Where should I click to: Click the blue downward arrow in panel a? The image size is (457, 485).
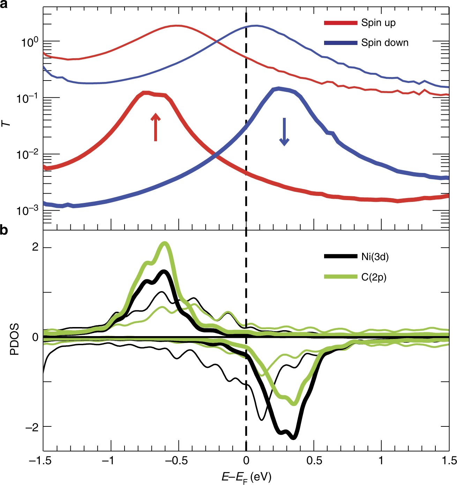tap(284, 132)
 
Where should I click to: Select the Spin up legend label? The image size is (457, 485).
tap(378, 23)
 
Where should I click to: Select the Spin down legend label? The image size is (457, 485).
tap(384, 43)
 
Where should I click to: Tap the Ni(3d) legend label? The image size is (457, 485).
tap(375, 257)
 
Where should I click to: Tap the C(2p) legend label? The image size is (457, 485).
tap(374, 277)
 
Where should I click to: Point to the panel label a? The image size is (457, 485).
tap(4, 4)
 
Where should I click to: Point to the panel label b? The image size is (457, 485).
tap(4, 230)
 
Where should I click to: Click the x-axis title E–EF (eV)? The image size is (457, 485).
tap(246, 476)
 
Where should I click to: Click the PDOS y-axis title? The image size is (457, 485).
tap(14, 339)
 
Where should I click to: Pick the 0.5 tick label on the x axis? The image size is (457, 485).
tap(314, 461)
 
